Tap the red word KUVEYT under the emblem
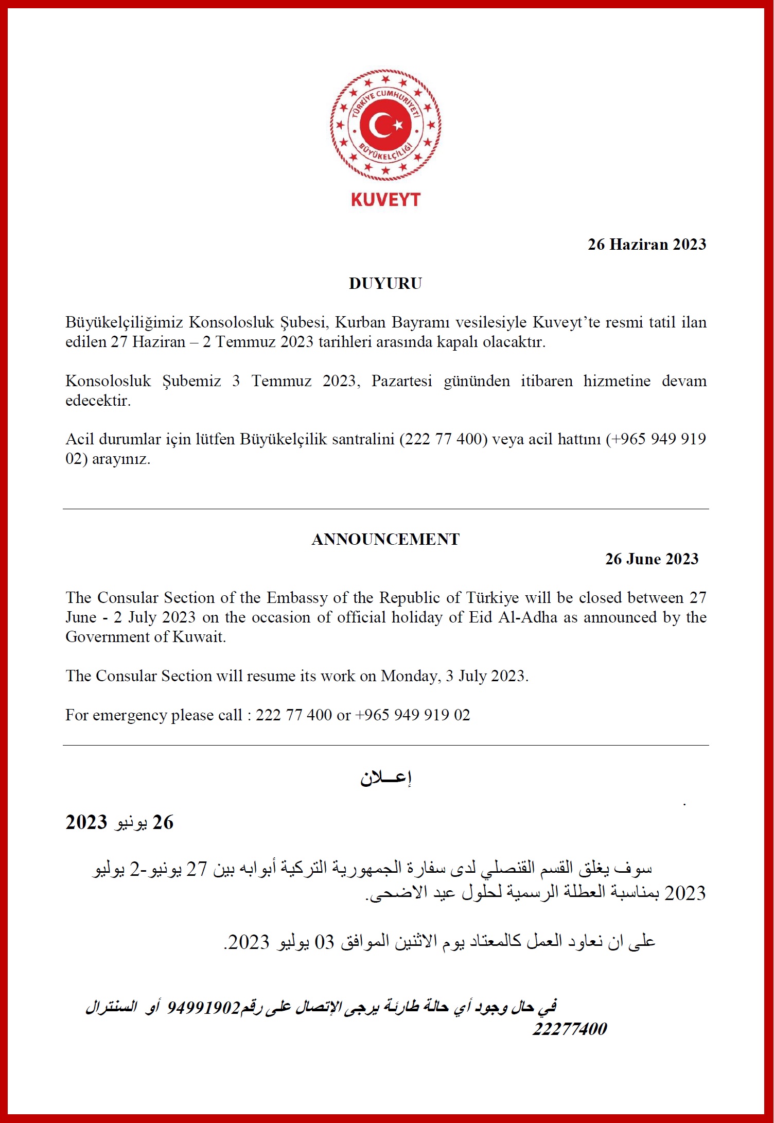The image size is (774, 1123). pos(385,200)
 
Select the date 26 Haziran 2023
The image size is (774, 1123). pos(647,244)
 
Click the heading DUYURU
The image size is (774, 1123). pos(385,283)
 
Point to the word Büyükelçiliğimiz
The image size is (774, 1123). pos(124,322)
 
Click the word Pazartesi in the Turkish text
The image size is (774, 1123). pos(401,381)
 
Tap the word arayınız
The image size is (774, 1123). pos(121,459)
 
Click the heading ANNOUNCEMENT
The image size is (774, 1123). pos(385,539)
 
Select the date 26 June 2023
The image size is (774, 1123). pos(652,559)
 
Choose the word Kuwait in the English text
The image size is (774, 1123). pos(199,637)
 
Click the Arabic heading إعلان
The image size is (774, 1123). pos(385,778)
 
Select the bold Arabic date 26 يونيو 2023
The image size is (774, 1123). pos(119,822)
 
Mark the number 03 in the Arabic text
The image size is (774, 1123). pos(324,942)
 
